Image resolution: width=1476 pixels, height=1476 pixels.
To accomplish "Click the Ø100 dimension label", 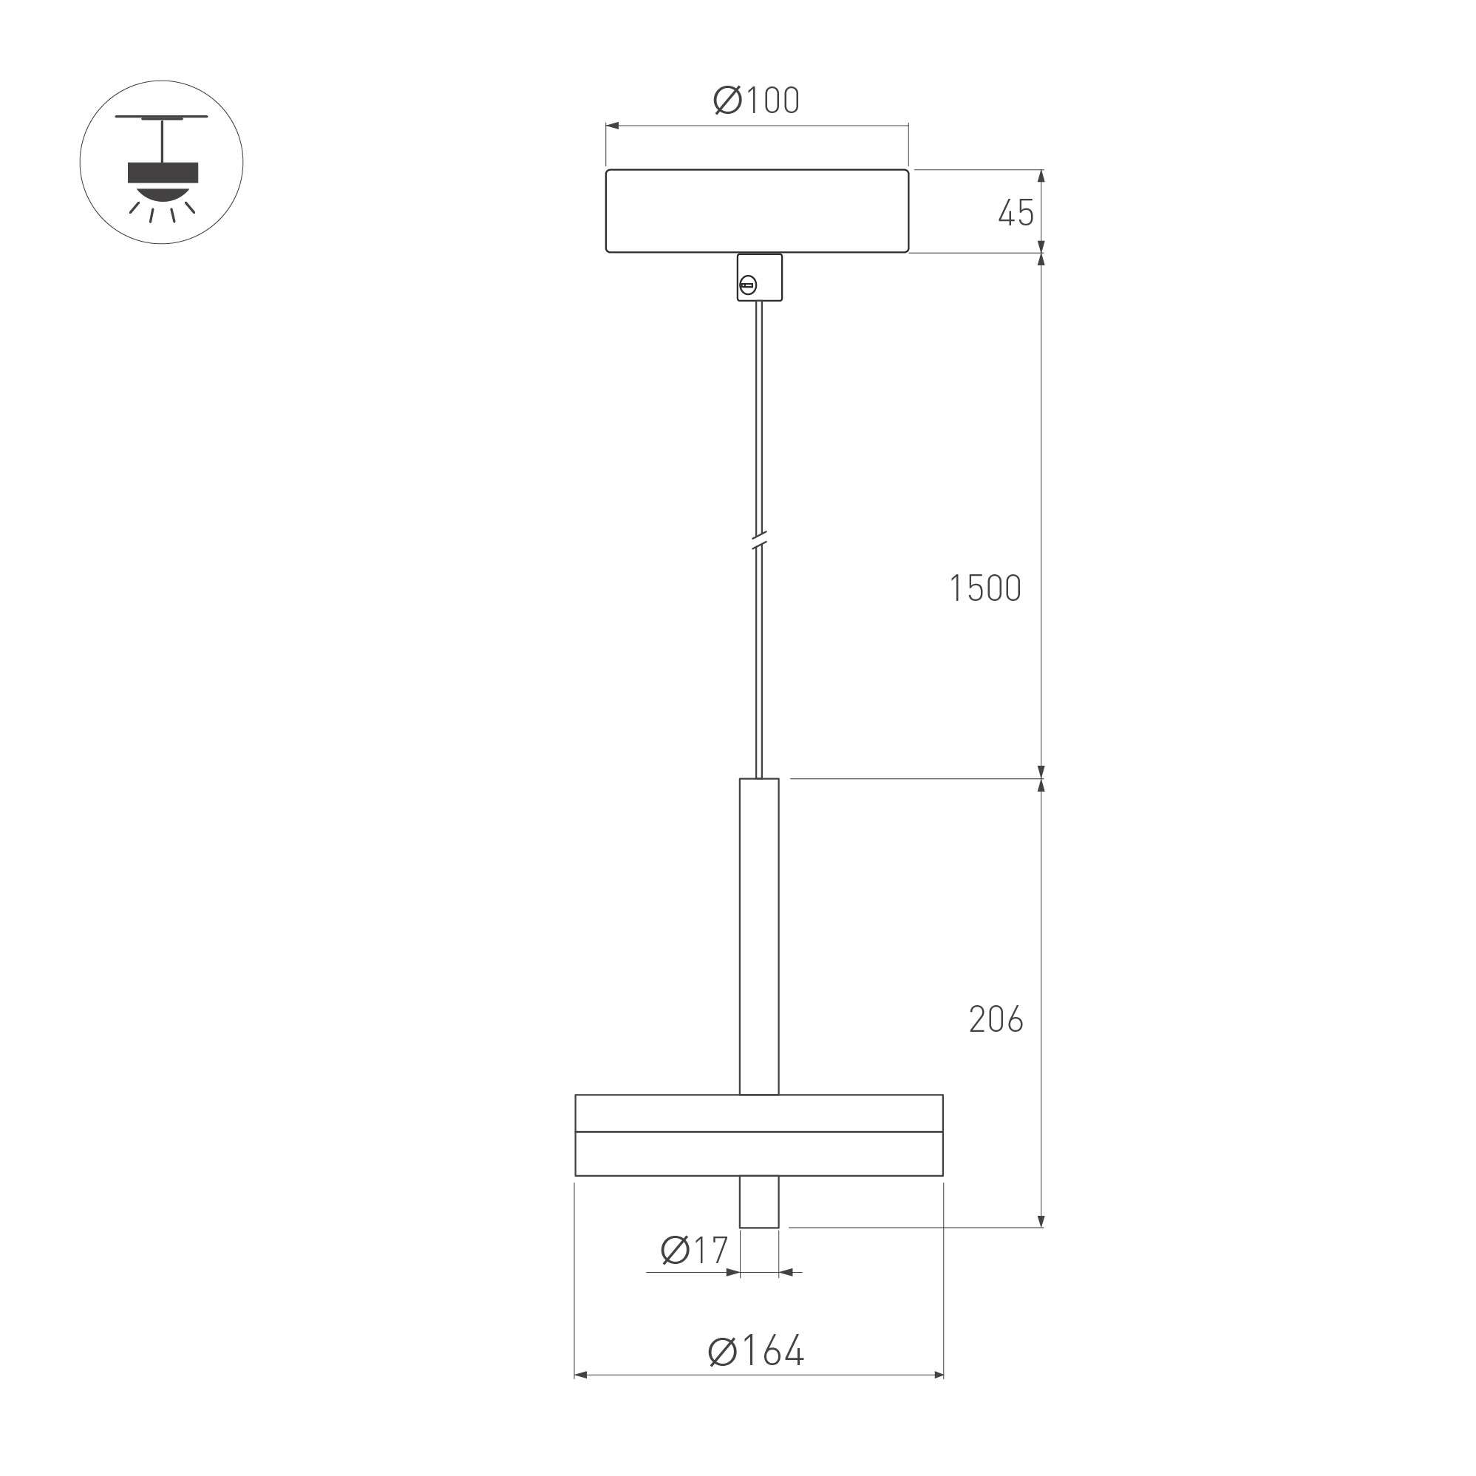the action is [x=756, y=101].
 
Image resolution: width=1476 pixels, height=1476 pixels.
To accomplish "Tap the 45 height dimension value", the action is [x=1016, y=213].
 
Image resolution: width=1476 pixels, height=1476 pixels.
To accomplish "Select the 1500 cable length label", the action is [x=984, y=588].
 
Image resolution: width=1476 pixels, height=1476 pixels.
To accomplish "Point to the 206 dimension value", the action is [x=996, y=1019].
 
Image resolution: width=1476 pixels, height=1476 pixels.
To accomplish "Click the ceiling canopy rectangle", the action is [x=757, y=211].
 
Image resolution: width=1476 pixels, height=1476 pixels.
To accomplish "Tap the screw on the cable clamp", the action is [x=748, y=286].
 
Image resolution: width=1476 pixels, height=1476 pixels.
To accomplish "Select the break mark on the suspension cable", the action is [x=758, y=541].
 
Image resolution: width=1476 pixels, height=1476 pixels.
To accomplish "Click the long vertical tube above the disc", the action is [x=759, y=936].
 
